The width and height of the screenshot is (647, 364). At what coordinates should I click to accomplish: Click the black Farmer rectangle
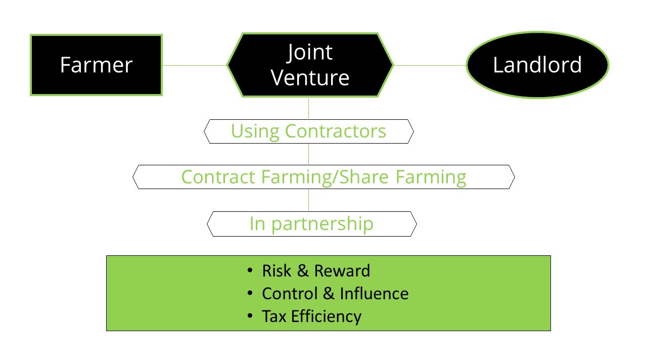click(96, 65)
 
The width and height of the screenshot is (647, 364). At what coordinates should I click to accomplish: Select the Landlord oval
click(537, 65)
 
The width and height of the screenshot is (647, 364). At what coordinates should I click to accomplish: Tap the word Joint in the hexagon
click(310, 52)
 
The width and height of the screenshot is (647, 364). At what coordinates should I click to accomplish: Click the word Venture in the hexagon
click(310, 78)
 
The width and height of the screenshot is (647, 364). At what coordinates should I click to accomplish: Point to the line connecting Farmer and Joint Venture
click(195, 65)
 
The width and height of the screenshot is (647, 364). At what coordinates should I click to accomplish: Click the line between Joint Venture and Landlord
click(430, 65)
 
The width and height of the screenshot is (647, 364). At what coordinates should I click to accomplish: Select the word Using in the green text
click(255, 132)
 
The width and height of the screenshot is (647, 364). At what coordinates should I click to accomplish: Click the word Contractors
click(335, 131)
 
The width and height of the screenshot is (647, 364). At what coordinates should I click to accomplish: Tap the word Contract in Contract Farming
click(218, 177)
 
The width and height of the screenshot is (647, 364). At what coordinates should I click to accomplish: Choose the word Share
click(363, 176)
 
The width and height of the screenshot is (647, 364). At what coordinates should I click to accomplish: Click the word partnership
click(322, 224)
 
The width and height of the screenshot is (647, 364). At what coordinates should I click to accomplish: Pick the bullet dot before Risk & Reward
click(250, 270)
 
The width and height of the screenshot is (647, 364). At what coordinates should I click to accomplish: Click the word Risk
click(276, 271)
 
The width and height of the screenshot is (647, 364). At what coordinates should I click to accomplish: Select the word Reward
click(342, 271)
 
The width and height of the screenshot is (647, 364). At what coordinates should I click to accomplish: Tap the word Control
click(290, 294)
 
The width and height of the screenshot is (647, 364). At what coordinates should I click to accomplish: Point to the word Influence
click(375, 294)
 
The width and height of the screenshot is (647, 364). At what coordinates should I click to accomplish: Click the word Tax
click(274, 316)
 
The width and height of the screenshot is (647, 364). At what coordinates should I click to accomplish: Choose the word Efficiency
click(326, 317)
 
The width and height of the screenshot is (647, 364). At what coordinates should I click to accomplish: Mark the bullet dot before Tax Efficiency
click(250, 316)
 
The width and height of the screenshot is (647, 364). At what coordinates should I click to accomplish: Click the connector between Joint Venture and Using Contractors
click(308, 108)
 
